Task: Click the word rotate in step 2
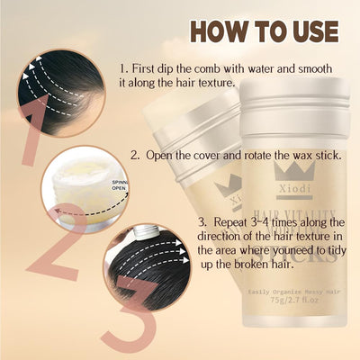point(276,154)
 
